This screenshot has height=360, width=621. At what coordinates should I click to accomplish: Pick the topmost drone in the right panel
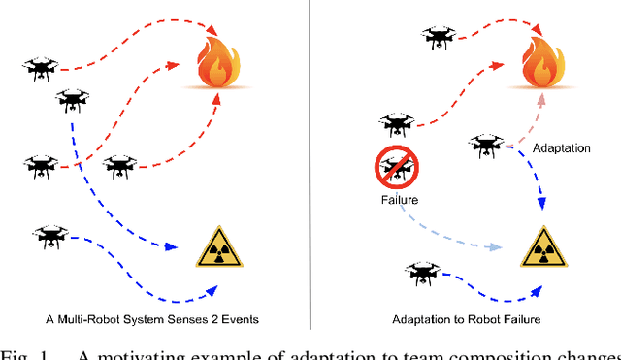pos(438,38)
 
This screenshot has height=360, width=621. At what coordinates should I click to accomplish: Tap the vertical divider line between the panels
pos(310,165)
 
